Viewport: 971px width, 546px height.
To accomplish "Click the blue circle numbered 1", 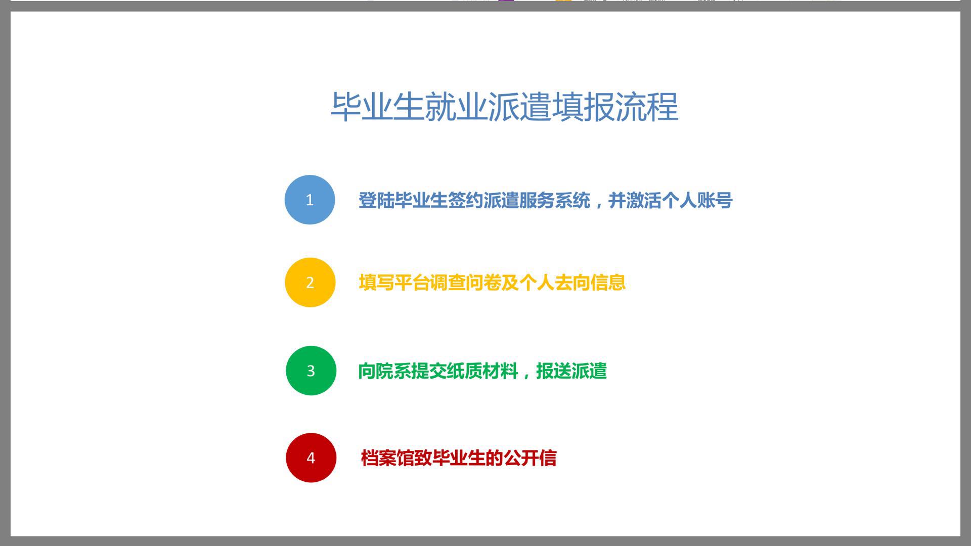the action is point(310,200).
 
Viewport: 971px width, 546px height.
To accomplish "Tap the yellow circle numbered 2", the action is point(310,282).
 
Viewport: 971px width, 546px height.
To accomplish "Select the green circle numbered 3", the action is point(311,371).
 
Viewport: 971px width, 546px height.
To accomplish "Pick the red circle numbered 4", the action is point(311,458).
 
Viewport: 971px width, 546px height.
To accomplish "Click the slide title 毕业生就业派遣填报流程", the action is point(504,107).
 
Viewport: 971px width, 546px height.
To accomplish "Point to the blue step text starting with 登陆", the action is point(545,200).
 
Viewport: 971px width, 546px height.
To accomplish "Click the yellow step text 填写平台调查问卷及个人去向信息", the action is point(492,283).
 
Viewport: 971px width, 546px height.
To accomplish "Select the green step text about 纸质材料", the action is point(482,371).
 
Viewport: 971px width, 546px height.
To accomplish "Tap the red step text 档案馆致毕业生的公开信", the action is point(458,458).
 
